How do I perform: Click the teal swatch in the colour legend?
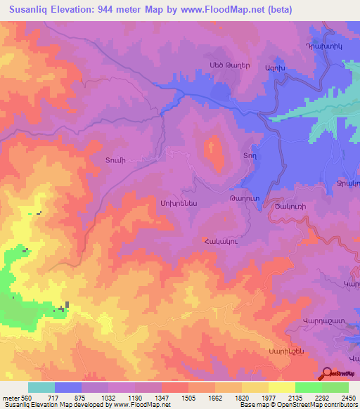click(41, 387)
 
